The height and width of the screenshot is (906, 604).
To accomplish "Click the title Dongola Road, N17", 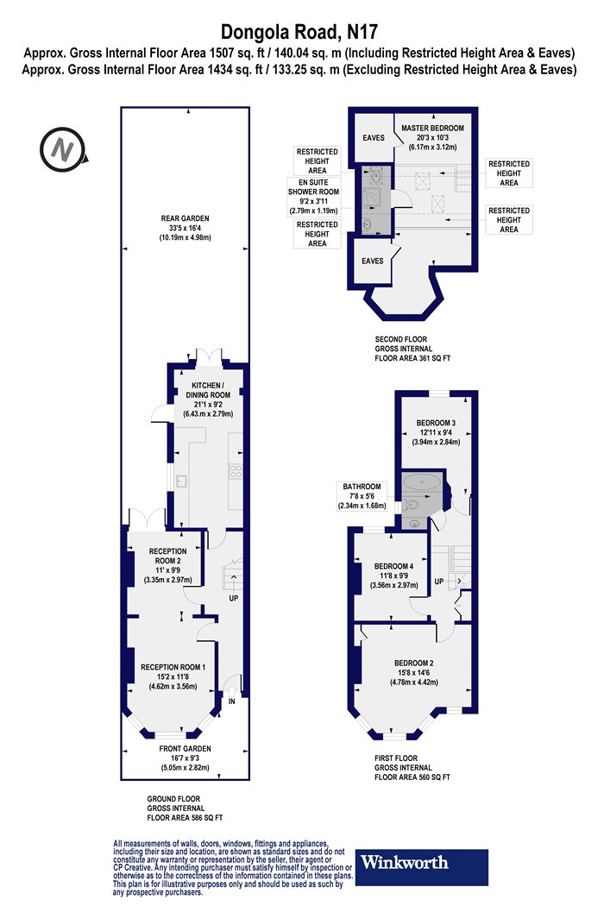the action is (300, 32).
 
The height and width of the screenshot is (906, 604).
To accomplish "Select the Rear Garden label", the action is (185, 218).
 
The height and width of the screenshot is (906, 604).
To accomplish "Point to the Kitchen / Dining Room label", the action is (208, 390).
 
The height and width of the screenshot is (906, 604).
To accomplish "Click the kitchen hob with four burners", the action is (236, 471).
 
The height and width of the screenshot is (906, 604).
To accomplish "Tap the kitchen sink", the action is (181, 481).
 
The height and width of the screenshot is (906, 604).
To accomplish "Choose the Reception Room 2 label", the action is (167, 556).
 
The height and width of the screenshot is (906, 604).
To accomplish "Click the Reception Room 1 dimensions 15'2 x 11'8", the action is (173, 676).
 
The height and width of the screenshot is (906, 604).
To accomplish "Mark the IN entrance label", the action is (232, 702).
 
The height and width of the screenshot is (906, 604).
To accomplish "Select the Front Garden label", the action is (185, 748).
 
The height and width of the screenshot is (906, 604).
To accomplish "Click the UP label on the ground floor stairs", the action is (234, 598).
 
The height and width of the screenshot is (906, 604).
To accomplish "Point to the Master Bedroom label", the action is (432, 128).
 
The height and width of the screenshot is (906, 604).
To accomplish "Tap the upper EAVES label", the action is (374, 137).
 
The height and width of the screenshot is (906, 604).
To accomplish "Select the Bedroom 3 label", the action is (436, 423).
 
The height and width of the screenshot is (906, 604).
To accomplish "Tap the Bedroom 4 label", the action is (393, 566).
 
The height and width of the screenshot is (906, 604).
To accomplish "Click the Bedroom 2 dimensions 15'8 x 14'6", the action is (414, 672).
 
